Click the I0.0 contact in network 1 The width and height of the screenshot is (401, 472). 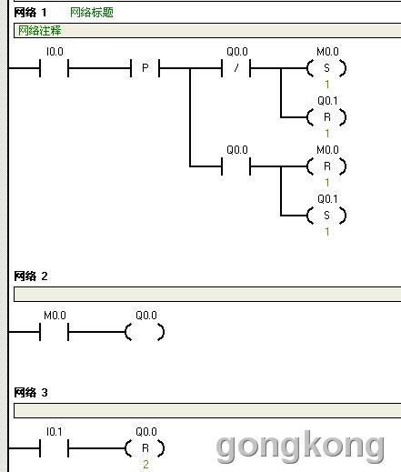point(54,68)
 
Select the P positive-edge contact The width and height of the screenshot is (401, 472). point(145,68)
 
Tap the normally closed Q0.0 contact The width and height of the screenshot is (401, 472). point(236,68)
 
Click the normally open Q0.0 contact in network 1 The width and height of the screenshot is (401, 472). point(236,166)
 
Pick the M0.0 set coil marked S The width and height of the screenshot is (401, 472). point(326,68)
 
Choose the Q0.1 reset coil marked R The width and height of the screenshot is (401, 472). point(326,117)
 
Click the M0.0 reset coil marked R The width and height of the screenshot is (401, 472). point(326,166)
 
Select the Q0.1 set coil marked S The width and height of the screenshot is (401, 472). point(326,216)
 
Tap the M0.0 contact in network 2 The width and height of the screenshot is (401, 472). point(54,332)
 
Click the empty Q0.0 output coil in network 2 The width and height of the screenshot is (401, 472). point(145,332)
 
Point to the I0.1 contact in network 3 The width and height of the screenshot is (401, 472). point(54,448)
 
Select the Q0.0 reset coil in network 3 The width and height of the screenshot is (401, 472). point(145,448)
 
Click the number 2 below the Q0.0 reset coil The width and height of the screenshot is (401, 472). point(145,465)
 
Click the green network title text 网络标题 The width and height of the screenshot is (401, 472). point(92,13)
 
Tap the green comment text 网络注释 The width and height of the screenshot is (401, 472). point(39,30)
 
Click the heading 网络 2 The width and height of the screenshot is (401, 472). point(31,276)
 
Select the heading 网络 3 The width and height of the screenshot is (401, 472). point(31,393)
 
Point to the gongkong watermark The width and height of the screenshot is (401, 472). point(300,447)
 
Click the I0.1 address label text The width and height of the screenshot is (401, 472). point(55,432)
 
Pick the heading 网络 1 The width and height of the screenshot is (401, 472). point(30,13)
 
